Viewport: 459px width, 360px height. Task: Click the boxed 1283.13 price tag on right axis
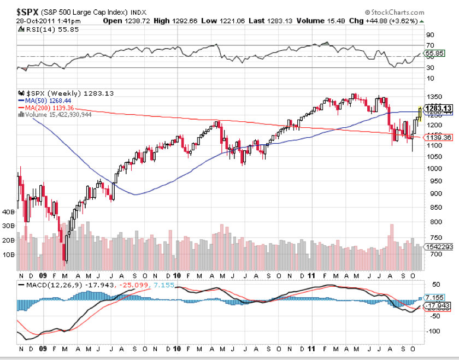439,108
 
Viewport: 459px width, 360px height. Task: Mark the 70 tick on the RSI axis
430,45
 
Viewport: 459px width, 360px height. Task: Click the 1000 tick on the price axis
436,168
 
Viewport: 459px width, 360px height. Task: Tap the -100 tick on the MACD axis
434,331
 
